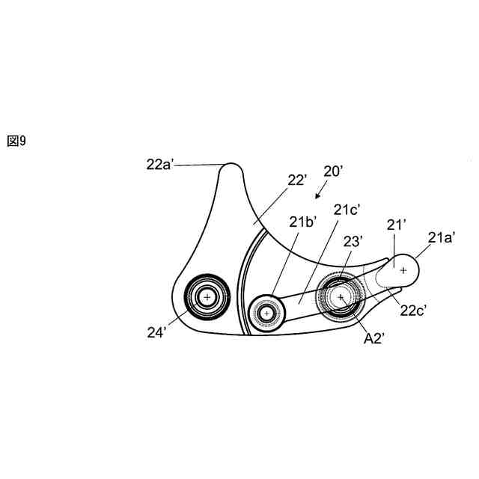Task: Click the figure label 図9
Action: pyautogui.click(x=16, y=141)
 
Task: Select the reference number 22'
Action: pyautogui.click(x=298, y=180)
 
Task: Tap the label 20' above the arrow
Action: pyautogui.click(x=333, y=171)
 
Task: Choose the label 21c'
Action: pyautogui.click(x=349, y=210)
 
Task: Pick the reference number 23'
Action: pyautogui.click(x=353, y=241)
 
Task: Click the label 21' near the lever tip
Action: pyautogui.click(x=396, y=225)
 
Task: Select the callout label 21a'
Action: pyautogui.click(x=442, y=237)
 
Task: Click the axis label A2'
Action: pyautogui.click(x=374, y=338)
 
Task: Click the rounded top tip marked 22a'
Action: pyautogui.click(x=231, y=168)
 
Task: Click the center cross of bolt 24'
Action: pyautogui.click(x=207, y=297)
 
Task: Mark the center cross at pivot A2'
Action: pyautogui.click(x=341, y=297)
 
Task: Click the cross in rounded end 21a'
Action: pyautogui.click(x=403, y=270)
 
